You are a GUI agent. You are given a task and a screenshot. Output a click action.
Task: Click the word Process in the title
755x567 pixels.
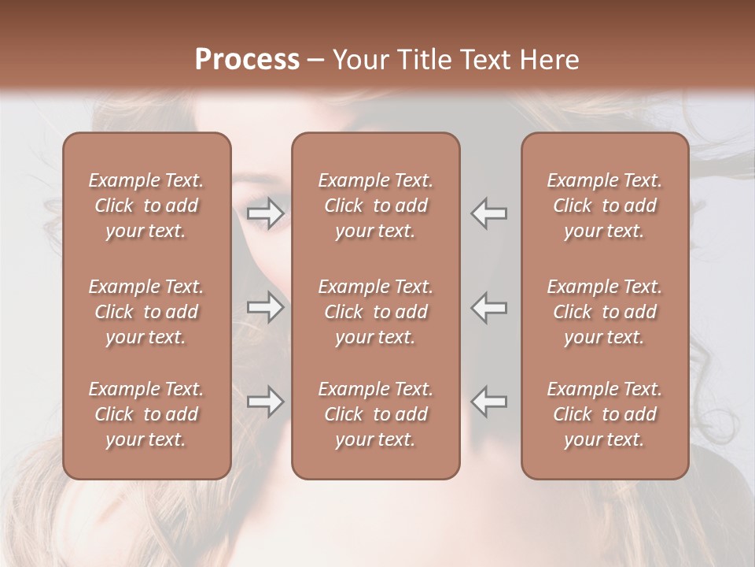247,60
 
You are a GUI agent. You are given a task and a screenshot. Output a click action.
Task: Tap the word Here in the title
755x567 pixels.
550,60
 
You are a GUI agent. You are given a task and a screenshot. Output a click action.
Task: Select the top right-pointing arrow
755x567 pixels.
265,213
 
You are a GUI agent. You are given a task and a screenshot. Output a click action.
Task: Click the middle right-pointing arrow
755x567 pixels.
265,307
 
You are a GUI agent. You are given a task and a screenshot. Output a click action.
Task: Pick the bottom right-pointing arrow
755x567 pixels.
265,402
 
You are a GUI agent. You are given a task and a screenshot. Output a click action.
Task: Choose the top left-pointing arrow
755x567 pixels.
489,213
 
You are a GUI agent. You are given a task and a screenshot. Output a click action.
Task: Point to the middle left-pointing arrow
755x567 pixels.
489,307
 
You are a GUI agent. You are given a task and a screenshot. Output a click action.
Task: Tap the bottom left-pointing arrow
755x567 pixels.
489,402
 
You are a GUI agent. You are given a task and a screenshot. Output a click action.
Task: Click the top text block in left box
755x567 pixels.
146,206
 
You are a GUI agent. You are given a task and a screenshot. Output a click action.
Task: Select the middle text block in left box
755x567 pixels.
146,312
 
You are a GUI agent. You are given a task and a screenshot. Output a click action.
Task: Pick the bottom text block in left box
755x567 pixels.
146,414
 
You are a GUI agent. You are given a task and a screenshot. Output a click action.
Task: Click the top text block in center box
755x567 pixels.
376,206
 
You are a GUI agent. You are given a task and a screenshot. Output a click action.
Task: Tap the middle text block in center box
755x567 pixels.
376,312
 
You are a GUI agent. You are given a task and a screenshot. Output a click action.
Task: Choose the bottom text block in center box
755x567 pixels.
376,414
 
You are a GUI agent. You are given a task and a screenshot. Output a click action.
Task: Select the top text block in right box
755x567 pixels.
605,206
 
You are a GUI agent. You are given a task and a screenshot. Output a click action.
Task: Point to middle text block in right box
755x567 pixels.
605,312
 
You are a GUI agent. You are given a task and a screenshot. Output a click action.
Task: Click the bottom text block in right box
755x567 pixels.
605,414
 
